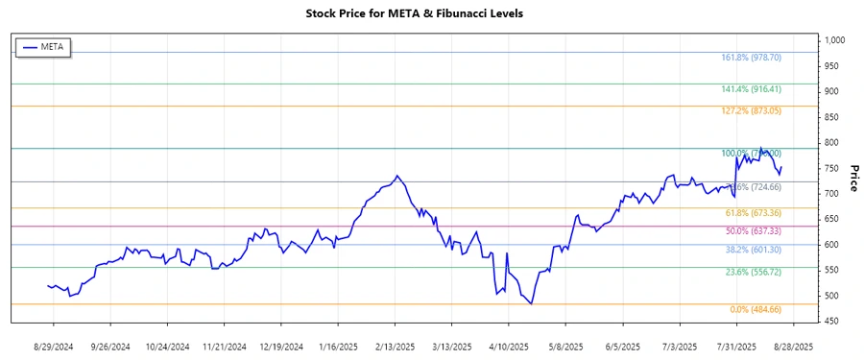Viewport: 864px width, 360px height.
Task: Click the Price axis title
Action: [853, 180]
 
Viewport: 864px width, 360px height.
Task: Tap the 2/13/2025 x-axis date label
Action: [396, 346]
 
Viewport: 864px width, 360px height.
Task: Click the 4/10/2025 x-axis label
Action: [508, 346]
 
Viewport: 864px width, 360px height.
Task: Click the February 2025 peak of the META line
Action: [397, 176]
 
